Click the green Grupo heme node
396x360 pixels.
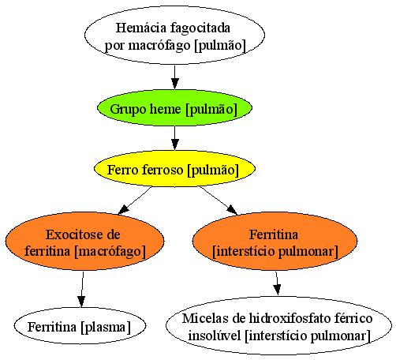pos(174,107)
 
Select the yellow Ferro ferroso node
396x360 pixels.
pos(174,169)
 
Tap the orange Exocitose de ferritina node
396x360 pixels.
pos(84,241)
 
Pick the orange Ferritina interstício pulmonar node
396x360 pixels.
pos(275,241)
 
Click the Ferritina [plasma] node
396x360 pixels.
pos(80,326)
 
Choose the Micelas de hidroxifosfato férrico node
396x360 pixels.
pos(278,326)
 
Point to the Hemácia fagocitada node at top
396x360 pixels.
pos(174,35)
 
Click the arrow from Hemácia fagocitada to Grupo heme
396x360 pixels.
pos(174,77)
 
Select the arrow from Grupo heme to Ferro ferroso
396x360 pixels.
pos(174,138)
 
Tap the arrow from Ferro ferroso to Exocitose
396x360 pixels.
pos(135,201)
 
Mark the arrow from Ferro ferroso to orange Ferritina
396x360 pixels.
pos(219,201)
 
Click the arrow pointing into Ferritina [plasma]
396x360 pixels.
pos(82,289)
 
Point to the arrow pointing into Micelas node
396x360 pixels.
pos(277,283)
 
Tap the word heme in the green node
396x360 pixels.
pos(165,109)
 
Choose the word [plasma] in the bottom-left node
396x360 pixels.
pos(106,327)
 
